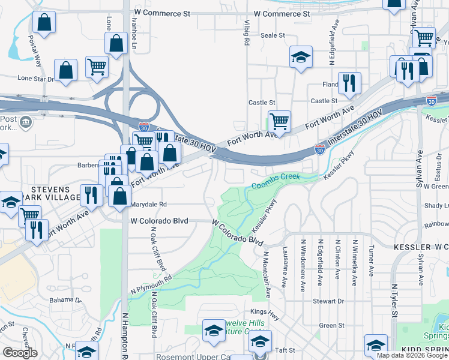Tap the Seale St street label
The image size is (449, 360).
[x=273, y=36]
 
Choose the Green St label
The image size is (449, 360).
[x=331, y=325]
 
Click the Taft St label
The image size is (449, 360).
[x=281, y=350]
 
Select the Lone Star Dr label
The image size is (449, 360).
[x=35, y=78]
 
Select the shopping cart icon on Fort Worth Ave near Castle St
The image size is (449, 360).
[x=279, y=121]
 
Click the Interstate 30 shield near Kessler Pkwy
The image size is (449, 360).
[x=321, y=149]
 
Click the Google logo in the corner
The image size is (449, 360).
[x=20, y=353]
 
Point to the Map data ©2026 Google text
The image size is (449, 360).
[x=412, y=355]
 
